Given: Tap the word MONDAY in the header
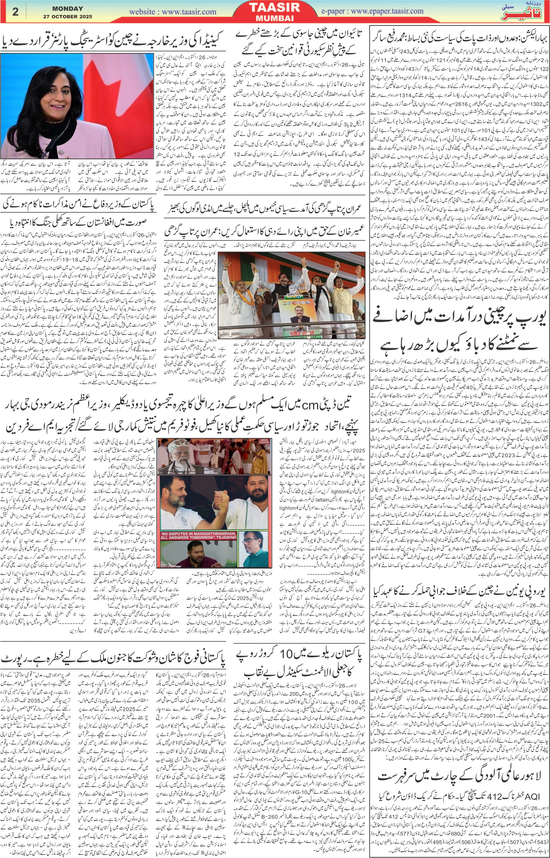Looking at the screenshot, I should click(x=68, y=8).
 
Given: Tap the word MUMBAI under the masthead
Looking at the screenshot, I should click(x=274, y=18).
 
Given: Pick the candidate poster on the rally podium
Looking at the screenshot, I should click(x=296, y=314).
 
